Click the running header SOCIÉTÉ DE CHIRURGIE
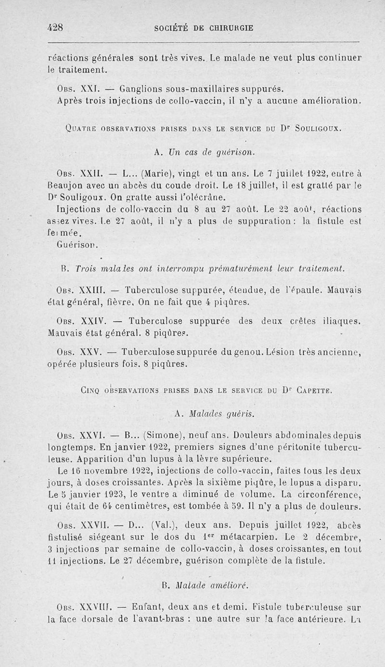pos(204,28)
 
